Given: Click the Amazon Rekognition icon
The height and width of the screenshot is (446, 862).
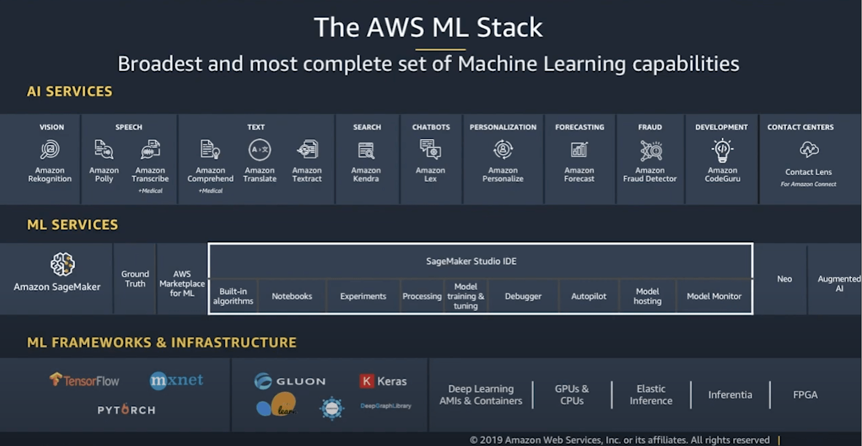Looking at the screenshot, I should [50, 150].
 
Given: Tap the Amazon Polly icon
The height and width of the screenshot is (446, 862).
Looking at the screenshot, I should [104, 150].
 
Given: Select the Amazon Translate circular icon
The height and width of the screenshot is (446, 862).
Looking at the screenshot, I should [260, 150].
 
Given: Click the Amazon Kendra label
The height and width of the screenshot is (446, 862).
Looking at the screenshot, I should [366, 175].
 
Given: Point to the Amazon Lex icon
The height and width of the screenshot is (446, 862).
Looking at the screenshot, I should [430, 150].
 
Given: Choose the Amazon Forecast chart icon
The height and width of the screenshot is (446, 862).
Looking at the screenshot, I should [579, 150].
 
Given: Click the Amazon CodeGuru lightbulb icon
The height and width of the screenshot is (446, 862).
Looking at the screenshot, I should [722, 150].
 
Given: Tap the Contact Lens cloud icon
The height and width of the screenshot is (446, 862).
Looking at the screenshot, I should [809, 150].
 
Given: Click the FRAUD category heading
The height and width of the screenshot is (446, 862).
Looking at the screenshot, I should [650, 127].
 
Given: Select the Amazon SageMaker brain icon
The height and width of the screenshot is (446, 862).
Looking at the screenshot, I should [62, 264].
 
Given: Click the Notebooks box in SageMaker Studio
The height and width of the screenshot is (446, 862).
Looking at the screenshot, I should [292, 296].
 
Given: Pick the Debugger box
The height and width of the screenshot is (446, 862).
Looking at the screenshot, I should [523, 296].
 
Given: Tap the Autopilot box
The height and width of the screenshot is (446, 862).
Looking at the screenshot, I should [588, 296].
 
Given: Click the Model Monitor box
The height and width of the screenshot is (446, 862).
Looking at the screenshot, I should [714, 296].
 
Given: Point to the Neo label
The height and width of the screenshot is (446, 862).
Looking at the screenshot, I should [784, 279].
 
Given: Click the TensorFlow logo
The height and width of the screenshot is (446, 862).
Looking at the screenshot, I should [84, 380].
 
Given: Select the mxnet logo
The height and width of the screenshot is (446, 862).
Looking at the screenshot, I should [176, 380].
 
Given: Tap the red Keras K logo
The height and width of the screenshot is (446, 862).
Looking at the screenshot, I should [366, 381].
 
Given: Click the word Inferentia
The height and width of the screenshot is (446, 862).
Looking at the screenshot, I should [730, 395].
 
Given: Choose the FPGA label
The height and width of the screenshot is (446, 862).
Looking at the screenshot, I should [805, 395].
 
